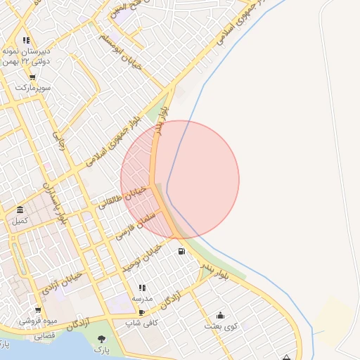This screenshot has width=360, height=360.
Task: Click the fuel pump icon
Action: click(x=182, y=251)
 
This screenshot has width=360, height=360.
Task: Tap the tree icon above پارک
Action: click(x=103, y=340)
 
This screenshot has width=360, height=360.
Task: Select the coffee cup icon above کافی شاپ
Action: click(x=142, y=313)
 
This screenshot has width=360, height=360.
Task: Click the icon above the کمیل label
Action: click(x=20, y=210)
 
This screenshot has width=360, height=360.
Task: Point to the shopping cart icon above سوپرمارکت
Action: click(x=33, y=77)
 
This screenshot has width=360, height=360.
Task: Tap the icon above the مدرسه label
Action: click(x=142, y=288)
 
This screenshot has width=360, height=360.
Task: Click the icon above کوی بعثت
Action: click(x=221, y=315)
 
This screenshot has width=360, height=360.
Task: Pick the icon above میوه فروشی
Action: click(x=38, y=310)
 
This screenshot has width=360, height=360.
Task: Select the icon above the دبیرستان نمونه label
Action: click(x=26, y=40)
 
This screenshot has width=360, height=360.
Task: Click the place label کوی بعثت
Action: click(x=221, y=326)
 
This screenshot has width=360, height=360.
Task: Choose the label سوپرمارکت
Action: click(x=34, y=89)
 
